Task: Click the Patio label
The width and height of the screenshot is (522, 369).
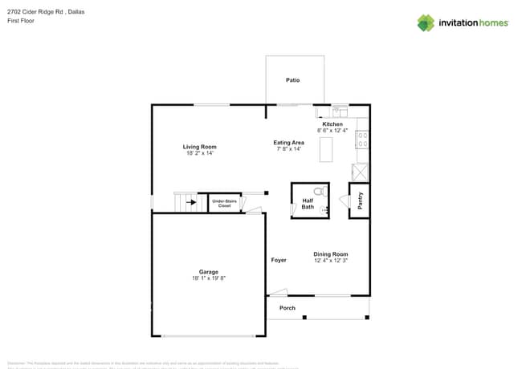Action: (x=293, y=80)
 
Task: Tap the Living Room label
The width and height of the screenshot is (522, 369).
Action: (x=200, y=147)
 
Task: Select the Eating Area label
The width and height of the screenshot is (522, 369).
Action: (x=288, y=143)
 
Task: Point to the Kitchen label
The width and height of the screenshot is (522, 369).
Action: (x=332, y=124)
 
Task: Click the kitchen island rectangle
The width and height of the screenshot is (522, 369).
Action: (x=326, y=150)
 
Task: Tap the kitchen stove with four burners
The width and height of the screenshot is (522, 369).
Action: (x=362, y=140)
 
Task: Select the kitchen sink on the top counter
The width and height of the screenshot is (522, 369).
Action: (x=341, y=111)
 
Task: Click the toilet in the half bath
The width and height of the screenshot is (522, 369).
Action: (x=320, y=193)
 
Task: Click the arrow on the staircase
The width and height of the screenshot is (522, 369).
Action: (x=190, y=202)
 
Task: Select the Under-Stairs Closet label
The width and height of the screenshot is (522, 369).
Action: (x=225, y=204)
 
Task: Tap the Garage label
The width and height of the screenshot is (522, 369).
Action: (x=209, y=272)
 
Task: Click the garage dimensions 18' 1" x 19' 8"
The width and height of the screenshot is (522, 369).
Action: (x=209, y=278)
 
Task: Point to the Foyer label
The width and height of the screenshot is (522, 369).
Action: (x=279, y=260)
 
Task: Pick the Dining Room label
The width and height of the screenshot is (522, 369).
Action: (x=330, y=253)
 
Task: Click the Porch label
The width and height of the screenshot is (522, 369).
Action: (x=287, y=308)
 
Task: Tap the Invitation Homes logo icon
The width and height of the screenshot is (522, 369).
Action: (x=426, y=23)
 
